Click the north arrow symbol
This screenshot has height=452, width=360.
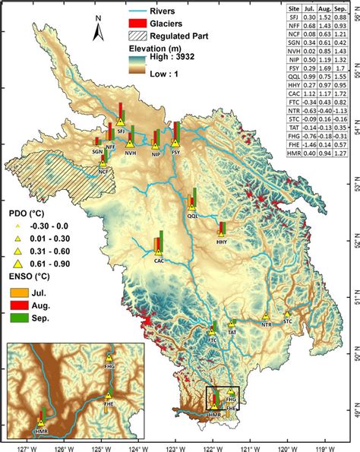point(97,28)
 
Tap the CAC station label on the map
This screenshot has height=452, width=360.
point(159,260)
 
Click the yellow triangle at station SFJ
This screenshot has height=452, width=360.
point(120,121)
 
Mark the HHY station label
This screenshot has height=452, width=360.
point(222,242)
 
